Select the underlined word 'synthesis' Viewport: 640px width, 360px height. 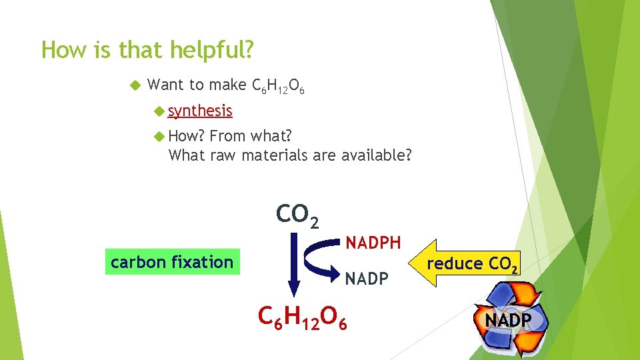(200, 111)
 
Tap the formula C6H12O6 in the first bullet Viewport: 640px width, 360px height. (278, 87)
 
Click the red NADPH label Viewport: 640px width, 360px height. (373, 243)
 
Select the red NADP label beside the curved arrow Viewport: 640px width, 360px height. (366, 278)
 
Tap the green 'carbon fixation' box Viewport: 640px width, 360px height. (172, 262)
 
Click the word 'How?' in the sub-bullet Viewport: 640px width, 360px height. (187, 137)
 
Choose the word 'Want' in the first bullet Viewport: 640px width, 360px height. (165, 85)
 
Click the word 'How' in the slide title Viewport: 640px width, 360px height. (59, 50)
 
